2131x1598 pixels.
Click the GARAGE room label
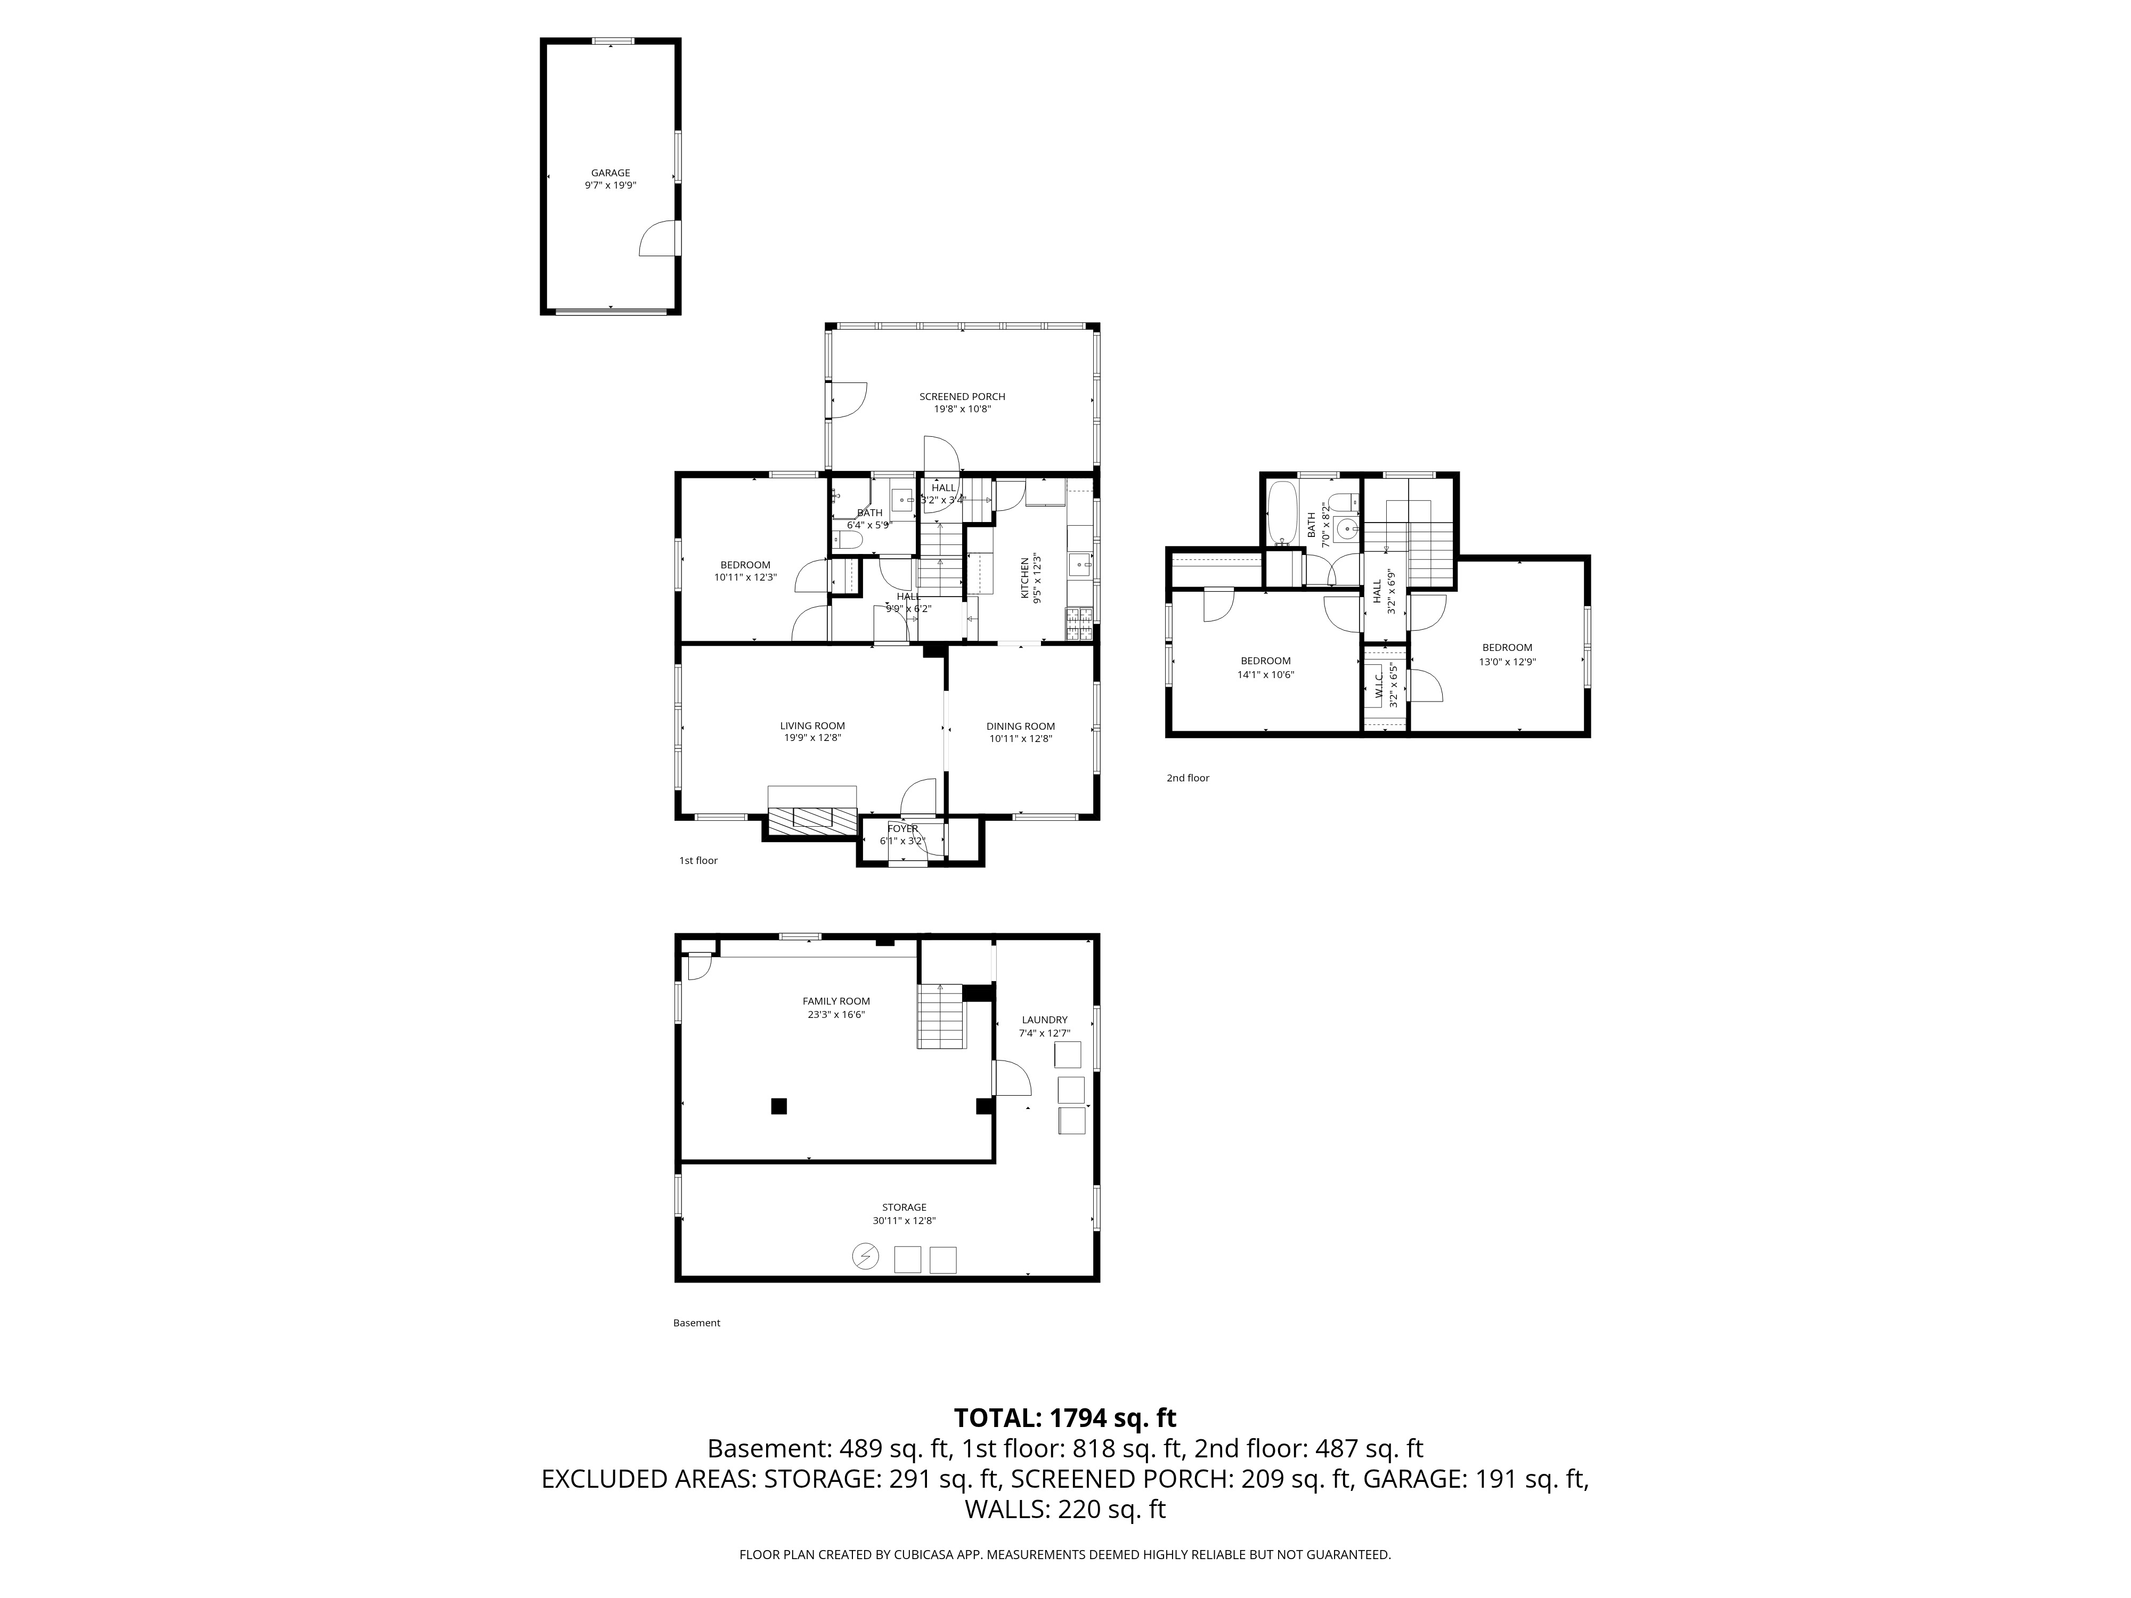[610, 173]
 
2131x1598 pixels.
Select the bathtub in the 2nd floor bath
[1281, 513]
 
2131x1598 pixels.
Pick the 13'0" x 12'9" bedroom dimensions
[1507, 662]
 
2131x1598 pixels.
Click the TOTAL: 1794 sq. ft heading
[1064, 1418]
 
